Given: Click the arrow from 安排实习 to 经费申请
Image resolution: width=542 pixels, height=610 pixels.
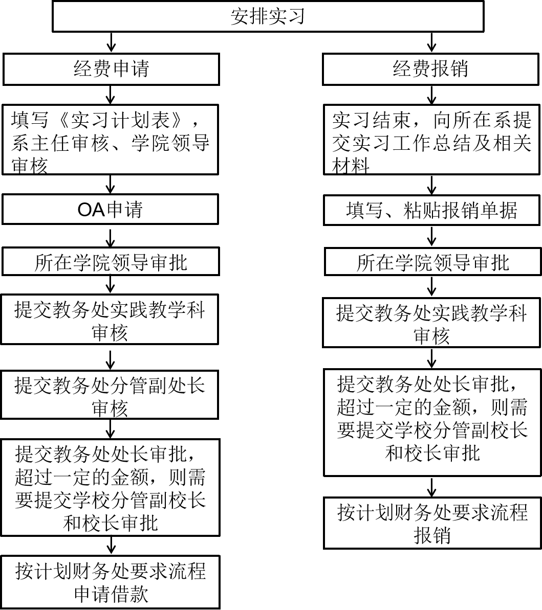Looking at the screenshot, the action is click(x=112, y=42).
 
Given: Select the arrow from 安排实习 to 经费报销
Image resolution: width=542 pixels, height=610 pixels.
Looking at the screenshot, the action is click(x=431, y=42).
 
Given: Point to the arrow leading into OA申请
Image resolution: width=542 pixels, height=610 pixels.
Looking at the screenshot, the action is click(x=111, y=185).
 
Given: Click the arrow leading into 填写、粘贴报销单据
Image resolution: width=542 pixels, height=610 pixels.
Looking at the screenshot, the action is click(x=431, y=185).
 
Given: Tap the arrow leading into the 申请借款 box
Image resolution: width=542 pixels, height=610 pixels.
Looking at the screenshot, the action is click(x=112, y=546).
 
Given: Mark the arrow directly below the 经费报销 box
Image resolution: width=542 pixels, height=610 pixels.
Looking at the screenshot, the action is click(x=431, y=95).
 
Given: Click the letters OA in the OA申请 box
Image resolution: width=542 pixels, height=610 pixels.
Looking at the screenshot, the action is click(x=92, y=210).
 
